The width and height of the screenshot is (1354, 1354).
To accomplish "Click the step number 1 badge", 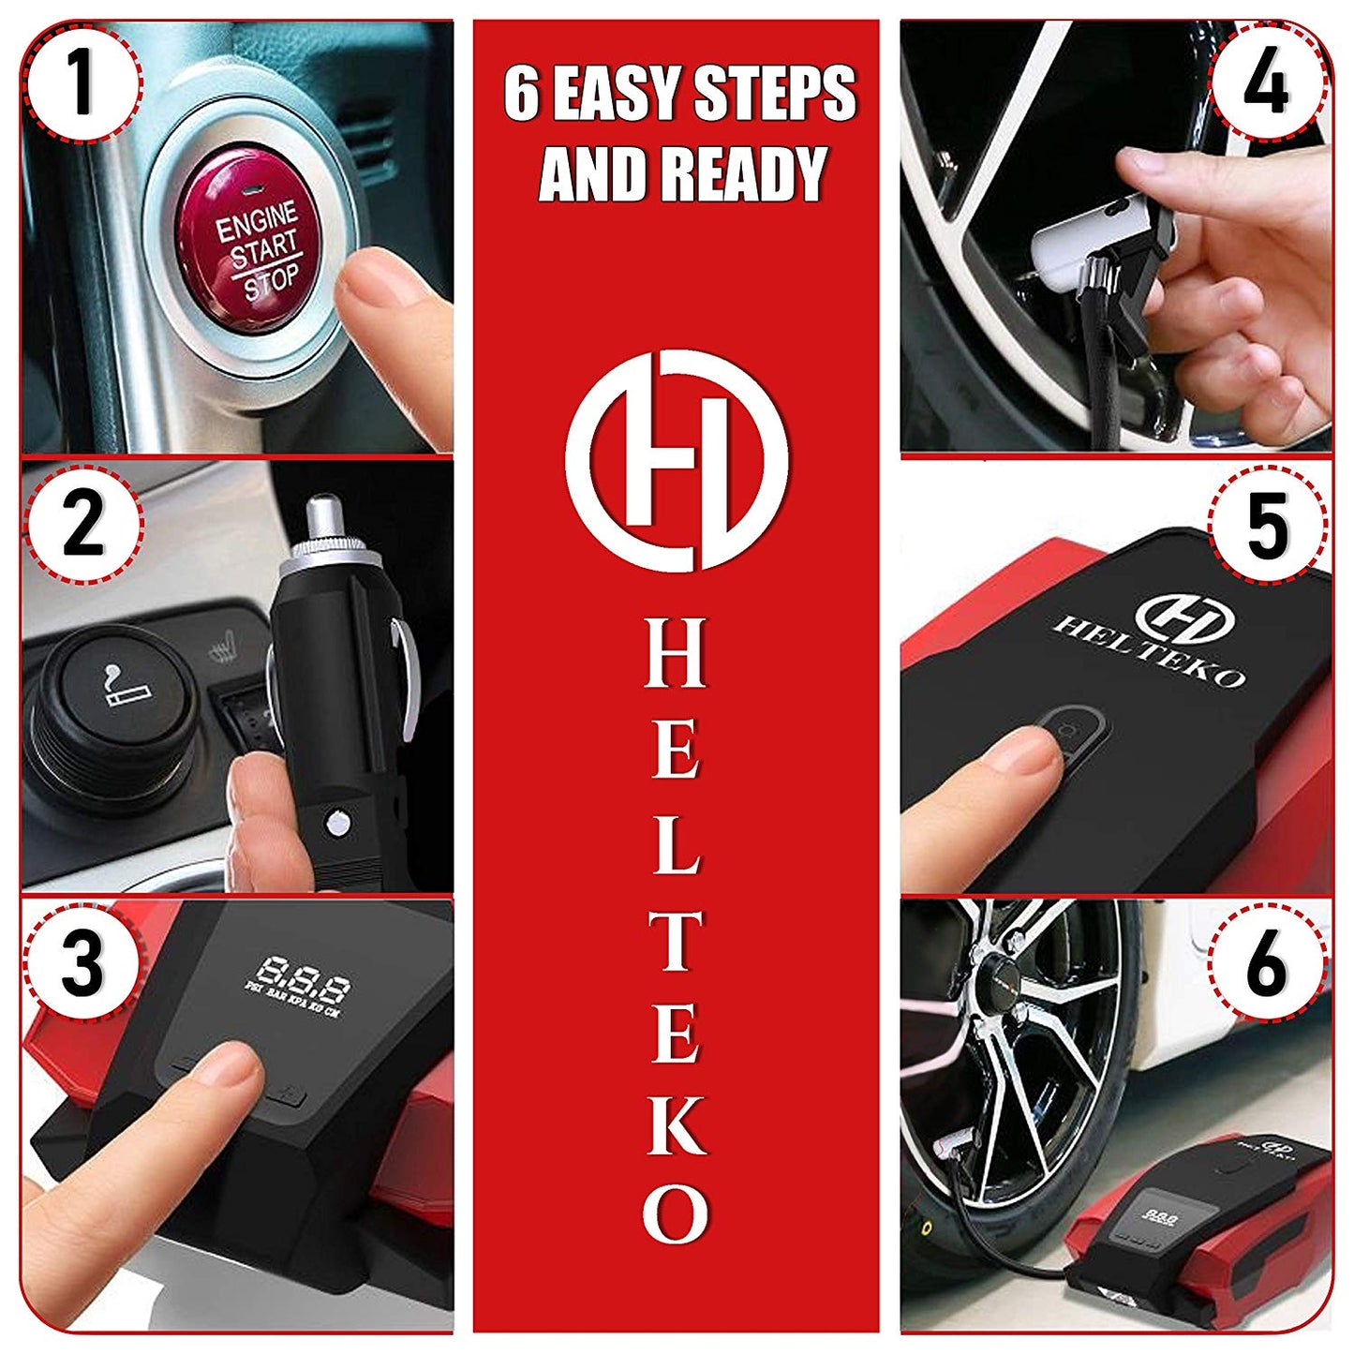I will click(x=82, y=82).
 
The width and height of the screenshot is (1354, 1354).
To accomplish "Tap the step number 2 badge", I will click(x=82, y=524).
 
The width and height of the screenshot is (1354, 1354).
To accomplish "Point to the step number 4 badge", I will click(x=1266, y=82).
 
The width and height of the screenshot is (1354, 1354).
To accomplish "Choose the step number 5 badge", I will click(x=1268, y=525).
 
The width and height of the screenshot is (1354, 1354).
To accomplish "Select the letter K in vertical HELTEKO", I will click(x=676, y=1125).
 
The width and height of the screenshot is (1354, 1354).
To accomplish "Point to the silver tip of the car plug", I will click(x=323, y=521).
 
